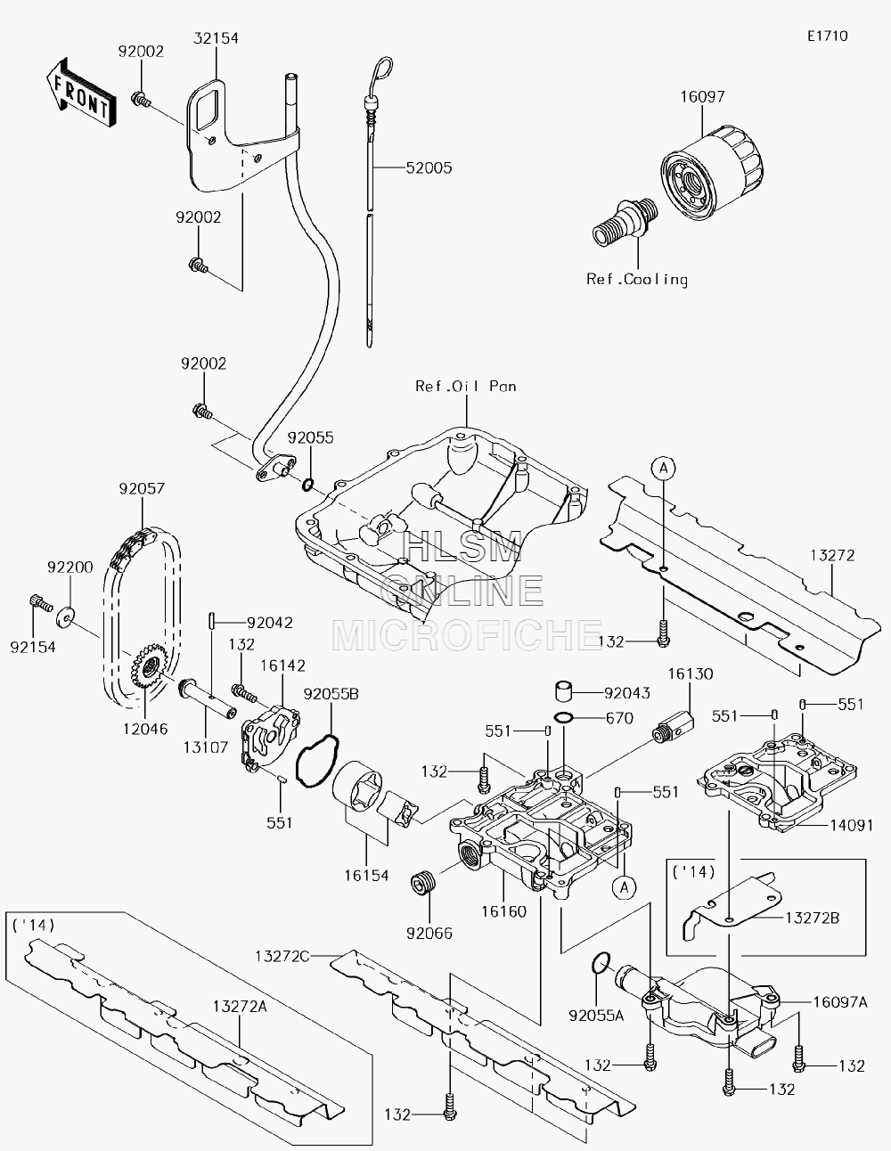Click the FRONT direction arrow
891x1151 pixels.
point(80,92)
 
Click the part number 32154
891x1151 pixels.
point(217,38)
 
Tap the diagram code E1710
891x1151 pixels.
point(828,36)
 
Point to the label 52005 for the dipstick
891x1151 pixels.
point(429,167)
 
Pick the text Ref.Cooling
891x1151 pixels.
point(637,279)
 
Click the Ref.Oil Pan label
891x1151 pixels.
point(466,386)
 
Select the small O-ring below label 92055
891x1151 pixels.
point(308,484)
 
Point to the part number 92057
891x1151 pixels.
point(142,488)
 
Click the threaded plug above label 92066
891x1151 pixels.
point(422,883)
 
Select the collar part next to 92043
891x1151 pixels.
point(565,691)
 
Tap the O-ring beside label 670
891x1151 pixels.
point(563,718)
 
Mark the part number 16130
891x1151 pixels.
point(691,673)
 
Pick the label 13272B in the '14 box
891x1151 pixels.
point(812,918)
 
